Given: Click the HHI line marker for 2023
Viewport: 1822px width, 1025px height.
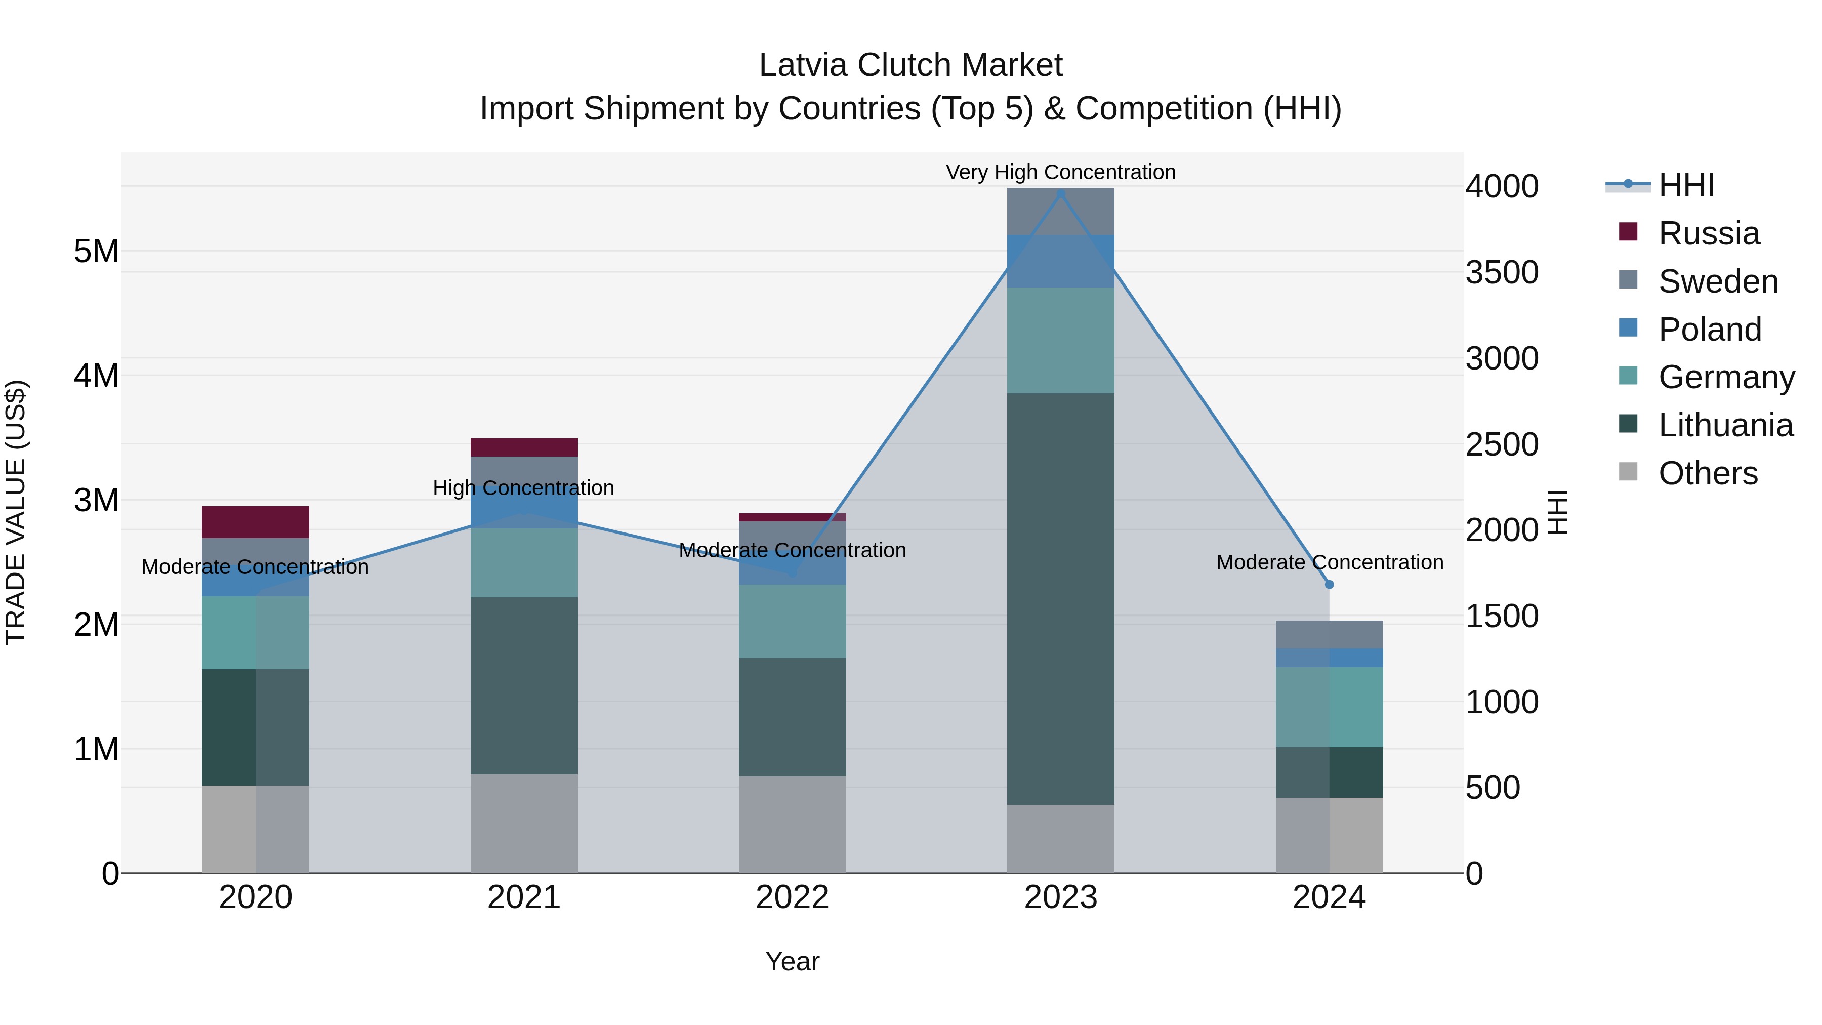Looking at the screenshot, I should coord(1060,194).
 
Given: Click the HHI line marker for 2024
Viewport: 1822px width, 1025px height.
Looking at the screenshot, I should coord(1329,584).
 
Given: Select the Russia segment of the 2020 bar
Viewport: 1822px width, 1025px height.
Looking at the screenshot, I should coord(256,522).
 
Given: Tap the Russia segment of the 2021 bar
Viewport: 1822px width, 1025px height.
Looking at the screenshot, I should coord(524,447).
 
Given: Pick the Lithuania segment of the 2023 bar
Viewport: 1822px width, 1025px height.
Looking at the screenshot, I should coord(1060,598).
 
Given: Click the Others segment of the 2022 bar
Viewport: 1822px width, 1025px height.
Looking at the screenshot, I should coord(792,824).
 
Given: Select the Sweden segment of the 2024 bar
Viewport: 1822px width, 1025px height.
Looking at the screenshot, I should coord(1329,635).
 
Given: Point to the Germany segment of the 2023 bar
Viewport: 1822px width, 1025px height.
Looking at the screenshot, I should coord(1060,340).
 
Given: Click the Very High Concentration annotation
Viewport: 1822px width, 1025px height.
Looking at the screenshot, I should coord(1060,172).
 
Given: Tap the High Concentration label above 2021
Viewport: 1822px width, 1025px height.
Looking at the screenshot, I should coord(523,488).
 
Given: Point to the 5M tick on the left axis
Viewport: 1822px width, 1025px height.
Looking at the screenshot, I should coord(96,251).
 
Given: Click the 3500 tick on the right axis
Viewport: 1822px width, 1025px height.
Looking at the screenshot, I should coord(1502,272).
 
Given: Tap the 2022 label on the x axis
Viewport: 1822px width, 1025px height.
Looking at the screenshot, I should coord(792,897).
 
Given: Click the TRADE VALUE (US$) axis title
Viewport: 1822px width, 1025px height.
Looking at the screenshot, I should coord(16,512).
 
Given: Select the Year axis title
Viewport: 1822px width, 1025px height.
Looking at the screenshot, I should coord(792,961).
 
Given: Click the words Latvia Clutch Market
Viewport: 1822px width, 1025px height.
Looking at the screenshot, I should coord(910,65).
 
